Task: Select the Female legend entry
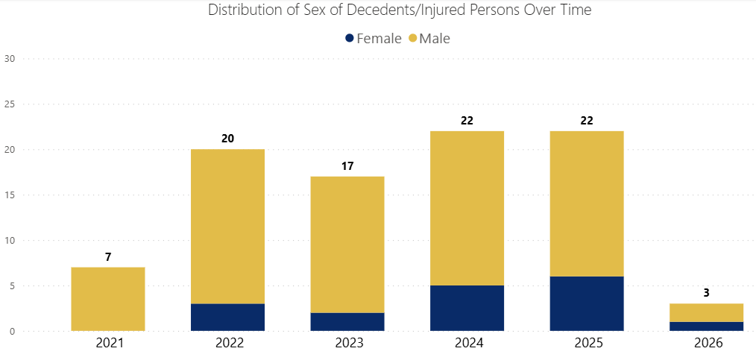[x=373, y=38]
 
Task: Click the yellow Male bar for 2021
[x=108, y=299]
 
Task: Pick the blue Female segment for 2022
[x=227, y=318]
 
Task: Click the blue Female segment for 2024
[x=467, y=309]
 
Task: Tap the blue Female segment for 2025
[x=587, y=304]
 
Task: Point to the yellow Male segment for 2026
[x=706, y=312]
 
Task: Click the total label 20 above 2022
[x=227, y=139]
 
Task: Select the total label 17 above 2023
[x=347, y=165]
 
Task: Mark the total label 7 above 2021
[x=108, y=256]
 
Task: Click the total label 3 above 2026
[x=706, y=293]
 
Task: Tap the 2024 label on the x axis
[x=467, y=344]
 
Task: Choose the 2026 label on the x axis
[x=706, y=344]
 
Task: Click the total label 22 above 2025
[x=587, y=120]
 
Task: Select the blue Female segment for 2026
[x=706, y=326]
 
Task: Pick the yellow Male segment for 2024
[x=467, y=208]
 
